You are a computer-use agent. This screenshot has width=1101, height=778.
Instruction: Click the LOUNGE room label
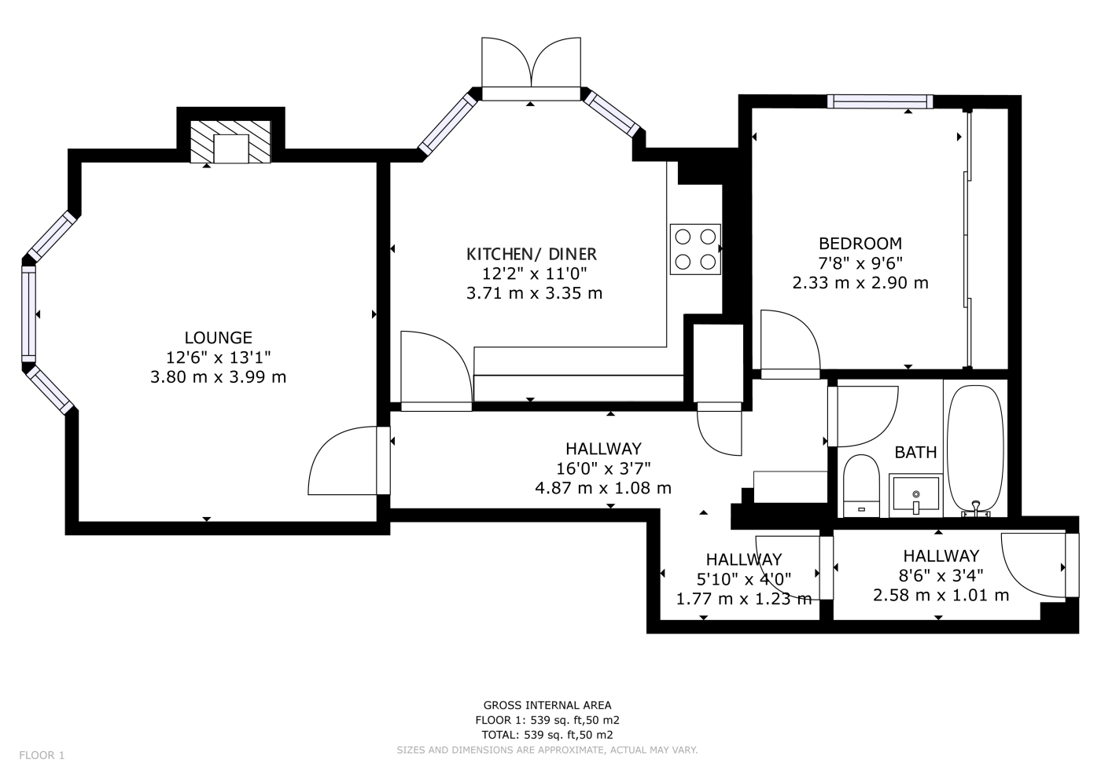(x=219, y=337)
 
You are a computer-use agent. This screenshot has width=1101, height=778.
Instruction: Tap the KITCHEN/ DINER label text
(x=532, y=254)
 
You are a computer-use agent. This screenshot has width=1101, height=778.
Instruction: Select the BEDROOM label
(x=860, y=243)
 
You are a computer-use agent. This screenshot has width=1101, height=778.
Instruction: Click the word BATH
(x=915, y=452)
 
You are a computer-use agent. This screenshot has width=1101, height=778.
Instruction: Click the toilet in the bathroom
(x=861, y=486)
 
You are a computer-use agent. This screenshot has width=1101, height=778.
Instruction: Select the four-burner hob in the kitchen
(x=695, y=250)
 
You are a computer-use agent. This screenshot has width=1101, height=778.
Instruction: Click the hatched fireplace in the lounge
(x=230, y=142)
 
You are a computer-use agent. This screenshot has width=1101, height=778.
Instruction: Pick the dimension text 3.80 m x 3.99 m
(x=219, y=376)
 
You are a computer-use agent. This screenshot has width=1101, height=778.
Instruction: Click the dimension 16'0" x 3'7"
(x=603, y=468)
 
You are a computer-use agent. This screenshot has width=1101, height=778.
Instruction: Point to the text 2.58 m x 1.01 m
(x=941, y=595)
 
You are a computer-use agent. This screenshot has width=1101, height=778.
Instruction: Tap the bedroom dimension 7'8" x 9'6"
(x=860, y=263)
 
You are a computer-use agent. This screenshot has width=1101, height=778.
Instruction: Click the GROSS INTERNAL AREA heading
(x=547, y=706)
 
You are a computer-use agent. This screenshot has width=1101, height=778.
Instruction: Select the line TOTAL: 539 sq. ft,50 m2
(x=547, y=735)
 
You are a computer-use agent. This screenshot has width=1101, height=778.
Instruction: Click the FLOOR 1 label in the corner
(x=42, y=755)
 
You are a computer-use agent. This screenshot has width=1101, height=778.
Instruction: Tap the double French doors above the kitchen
(x=531, y=69)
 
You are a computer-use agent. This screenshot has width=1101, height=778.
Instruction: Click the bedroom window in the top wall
(x=880, y=101)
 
